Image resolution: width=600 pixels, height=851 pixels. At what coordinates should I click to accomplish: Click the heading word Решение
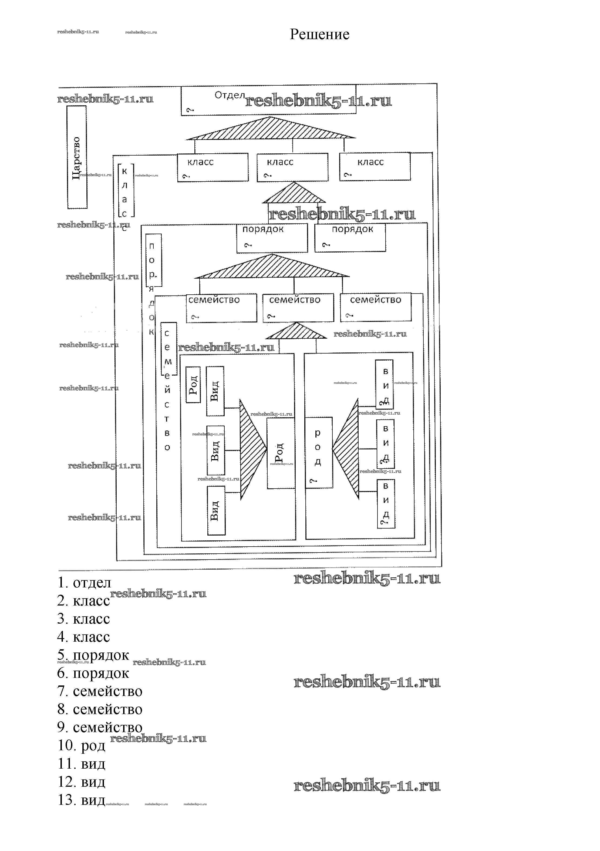(319, 35)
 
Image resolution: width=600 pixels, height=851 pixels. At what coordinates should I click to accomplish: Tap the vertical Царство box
(77, 157)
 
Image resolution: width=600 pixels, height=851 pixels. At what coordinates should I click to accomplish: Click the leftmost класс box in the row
(213, 167)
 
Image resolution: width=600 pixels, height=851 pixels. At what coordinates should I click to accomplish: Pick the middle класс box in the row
(292, 167)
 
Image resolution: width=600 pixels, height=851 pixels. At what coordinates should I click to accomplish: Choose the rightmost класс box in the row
(375, 166)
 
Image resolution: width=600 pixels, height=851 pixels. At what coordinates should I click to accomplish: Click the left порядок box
(272, 238)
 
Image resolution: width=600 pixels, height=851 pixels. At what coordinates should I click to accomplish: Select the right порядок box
(350, 238)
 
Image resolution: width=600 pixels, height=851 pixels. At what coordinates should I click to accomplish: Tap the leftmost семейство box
(221, 308)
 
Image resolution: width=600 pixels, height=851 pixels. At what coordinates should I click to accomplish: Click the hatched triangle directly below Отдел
(271, 129)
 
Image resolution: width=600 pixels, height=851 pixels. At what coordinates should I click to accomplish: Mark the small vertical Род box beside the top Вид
(193, 385)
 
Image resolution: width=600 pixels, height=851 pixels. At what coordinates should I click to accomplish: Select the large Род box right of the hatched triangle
(281, 453)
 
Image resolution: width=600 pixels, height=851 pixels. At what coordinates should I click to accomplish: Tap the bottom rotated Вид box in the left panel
(216, 511)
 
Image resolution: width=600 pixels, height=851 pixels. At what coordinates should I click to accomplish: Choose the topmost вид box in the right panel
(384, 384)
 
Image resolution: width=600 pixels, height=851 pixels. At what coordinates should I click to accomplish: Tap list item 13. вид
(82, 800)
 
